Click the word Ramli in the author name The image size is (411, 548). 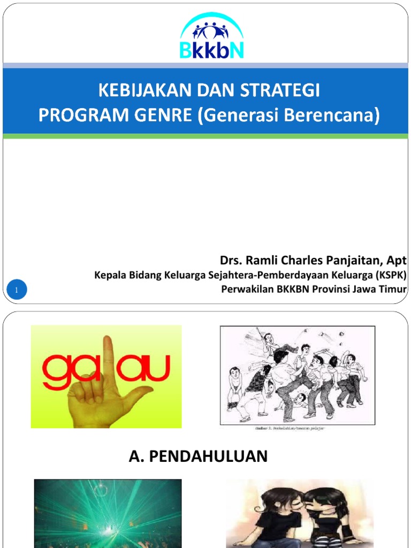pos(259,261)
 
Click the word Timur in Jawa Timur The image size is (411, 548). pos(394,290)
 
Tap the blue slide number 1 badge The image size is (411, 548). pos(17,291)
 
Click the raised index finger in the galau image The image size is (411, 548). pos(109,359)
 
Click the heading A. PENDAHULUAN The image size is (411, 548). pos(198,456)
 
